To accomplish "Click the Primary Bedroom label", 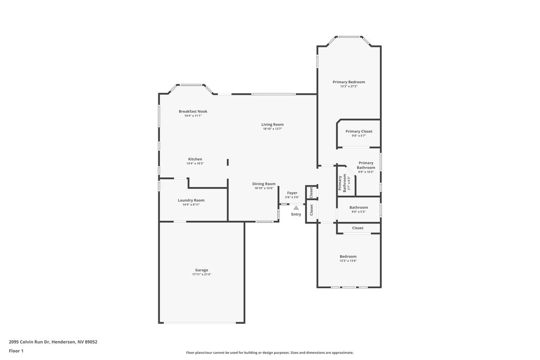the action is tap(349, 82).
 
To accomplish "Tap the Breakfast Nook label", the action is tap(193, 112).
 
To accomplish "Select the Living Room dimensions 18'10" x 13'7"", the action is tap(273, 129).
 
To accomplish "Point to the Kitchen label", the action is tap(195, 159).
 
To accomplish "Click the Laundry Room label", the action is tap(191, 200).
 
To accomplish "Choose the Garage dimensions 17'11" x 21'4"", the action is tap(201, 275).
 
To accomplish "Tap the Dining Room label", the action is tap(264, 184).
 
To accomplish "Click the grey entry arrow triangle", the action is tap(296, 208).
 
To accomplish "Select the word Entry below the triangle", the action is tap(296, 215).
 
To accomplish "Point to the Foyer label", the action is tap(292, 193).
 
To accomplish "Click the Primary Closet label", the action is tap(359, 131).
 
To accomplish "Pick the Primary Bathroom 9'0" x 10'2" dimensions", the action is tap(366, 172).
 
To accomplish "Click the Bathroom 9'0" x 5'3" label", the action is tap(359, 209).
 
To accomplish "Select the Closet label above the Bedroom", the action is tap(358, 228).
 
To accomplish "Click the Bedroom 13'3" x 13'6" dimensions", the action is tap(348, 261).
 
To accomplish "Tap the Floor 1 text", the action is tap(16, 351).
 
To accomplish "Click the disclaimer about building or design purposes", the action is tap(269, 353).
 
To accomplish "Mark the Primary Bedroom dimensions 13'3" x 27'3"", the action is tap(349, 86).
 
